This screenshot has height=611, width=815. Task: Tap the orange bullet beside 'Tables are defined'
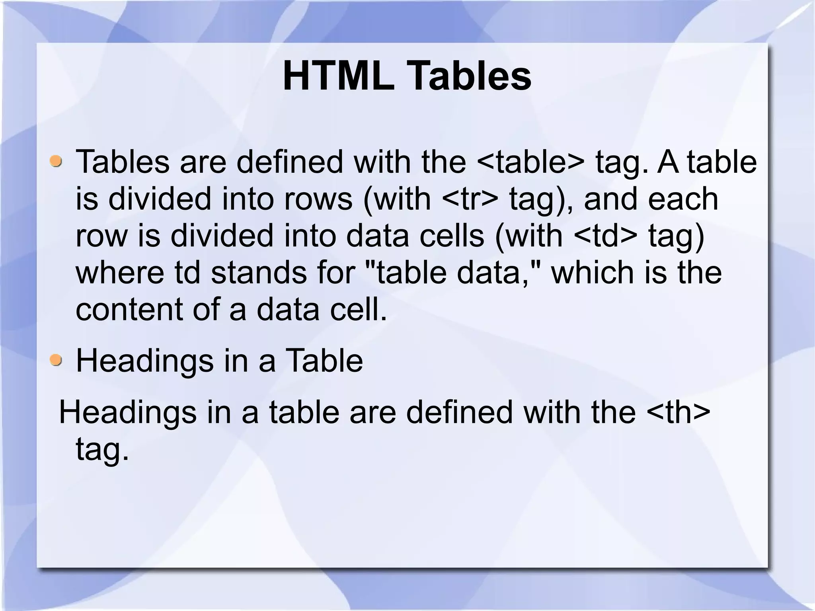(x=56, y=162)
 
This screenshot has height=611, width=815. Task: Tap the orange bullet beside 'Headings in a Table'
(x=56, y=360)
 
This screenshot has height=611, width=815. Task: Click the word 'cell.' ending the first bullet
(x=358, y=309)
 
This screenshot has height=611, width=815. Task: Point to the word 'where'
(x=120, y=273)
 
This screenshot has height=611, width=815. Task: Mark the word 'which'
(x=593, y=273)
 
